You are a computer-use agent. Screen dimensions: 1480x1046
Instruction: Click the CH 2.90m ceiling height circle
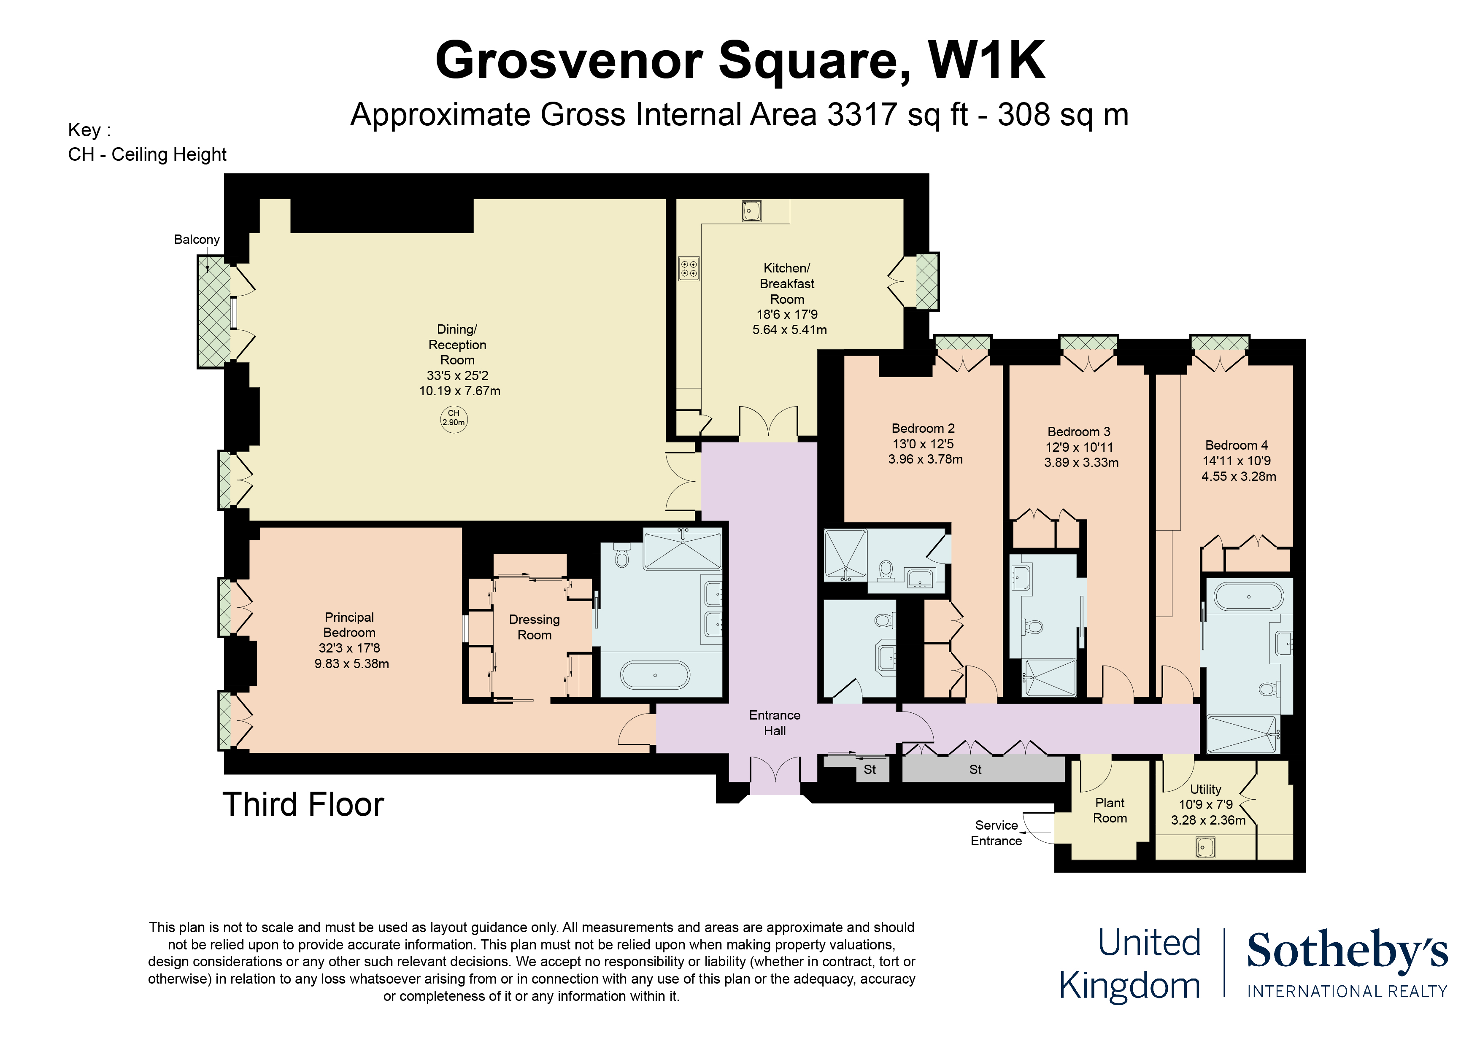454,420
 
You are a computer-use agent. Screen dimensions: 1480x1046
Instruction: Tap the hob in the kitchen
689,269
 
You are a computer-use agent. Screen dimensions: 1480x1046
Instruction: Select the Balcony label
197,240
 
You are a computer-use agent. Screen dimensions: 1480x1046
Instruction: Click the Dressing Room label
535,627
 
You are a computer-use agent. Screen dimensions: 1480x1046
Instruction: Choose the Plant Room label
1110,810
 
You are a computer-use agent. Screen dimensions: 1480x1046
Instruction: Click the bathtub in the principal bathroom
655,675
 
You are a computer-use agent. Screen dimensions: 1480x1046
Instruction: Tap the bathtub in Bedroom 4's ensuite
1248,596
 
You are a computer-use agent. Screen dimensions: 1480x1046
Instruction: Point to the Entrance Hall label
775,722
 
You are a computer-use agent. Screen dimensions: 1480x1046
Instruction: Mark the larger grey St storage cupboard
983,769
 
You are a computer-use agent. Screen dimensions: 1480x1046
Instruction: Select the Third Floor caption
303,804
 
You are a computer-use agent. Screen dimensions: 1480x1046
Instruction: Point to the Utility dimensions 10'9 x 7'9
1206,804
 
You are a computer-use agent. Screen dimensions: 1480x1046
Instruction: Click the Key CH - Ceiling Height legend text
147,142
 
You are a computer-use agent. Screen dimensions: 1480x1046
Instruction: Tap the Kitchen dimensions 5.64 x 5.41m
790,330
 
